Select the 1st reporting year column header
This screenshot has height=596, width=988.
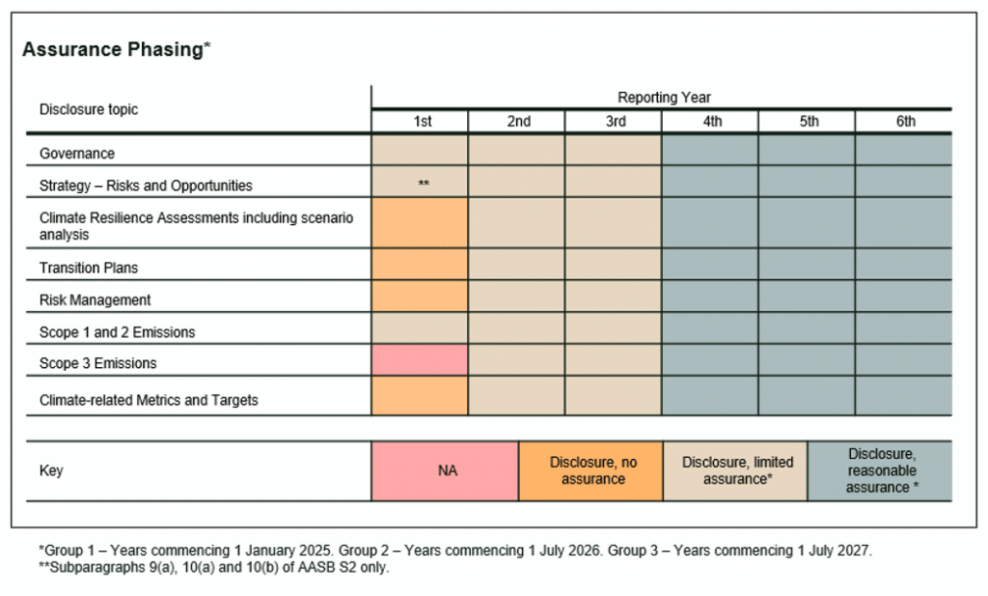(x=422, y=122)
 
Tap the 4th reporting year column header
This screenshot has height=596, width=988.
(x=711, y=122)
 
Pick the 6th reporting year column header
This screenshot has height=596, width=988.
(x=904, y=122)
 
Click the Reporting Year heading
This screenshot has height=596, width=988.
(x=664, y=98)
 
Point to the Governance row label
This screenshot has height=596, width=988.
(x=77, y=154)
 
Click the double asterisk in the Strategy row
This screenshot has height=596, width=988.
(x=424, y=184)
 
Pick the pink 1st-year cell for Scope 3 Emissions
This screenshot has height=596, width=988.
(x=420, y=360)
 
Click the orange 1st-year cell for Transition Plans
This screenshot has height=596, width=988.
(x=420, y=265)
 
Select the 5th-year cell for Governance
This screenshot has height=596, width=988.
(x=807, y=151)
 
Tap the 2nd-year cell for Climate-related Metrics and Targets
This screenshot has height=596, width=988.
(x=516, y=396)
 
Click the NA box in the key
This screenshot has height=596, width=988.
(x=446, y=471)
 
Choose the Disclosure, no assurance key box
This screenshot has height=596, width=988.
(x=590, y=471)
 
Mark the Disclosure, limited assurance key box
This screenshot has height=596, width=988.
(x=735, y=471)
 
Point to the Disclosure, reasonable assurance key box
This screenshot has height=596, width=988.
(x=880, y=471)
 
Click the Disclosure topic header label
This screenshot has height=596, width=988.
(x=89, y=109)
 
